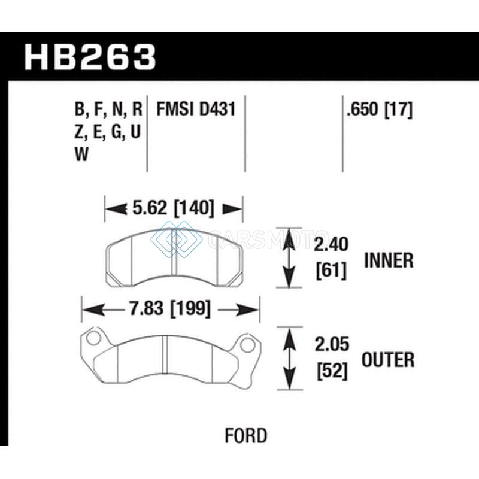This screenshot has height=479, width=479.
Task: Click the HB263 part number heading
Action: click(x=90, y=57)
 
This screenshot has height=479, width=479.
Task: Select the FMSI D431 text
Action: click(x=196, y=110)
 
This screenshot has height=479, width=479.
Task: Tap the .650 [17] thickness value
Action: click(x=380, y=110)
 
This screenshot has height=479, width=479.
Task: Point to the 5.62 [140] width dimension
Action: click(x=173, y=208)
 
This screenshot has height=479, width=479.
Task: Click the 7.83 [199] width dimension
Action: click(x=170, y=308)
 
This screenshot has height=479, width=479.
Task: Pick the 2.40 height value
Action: click(x=332, y=245)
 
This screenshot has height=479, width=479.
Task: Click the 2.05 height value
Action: click(x=332, y=345)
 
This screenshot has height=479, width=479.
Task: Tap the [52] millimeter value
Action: click(x=332, y=371)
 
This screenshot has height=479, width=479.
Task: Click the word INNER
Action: click(x=389, y=260)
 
